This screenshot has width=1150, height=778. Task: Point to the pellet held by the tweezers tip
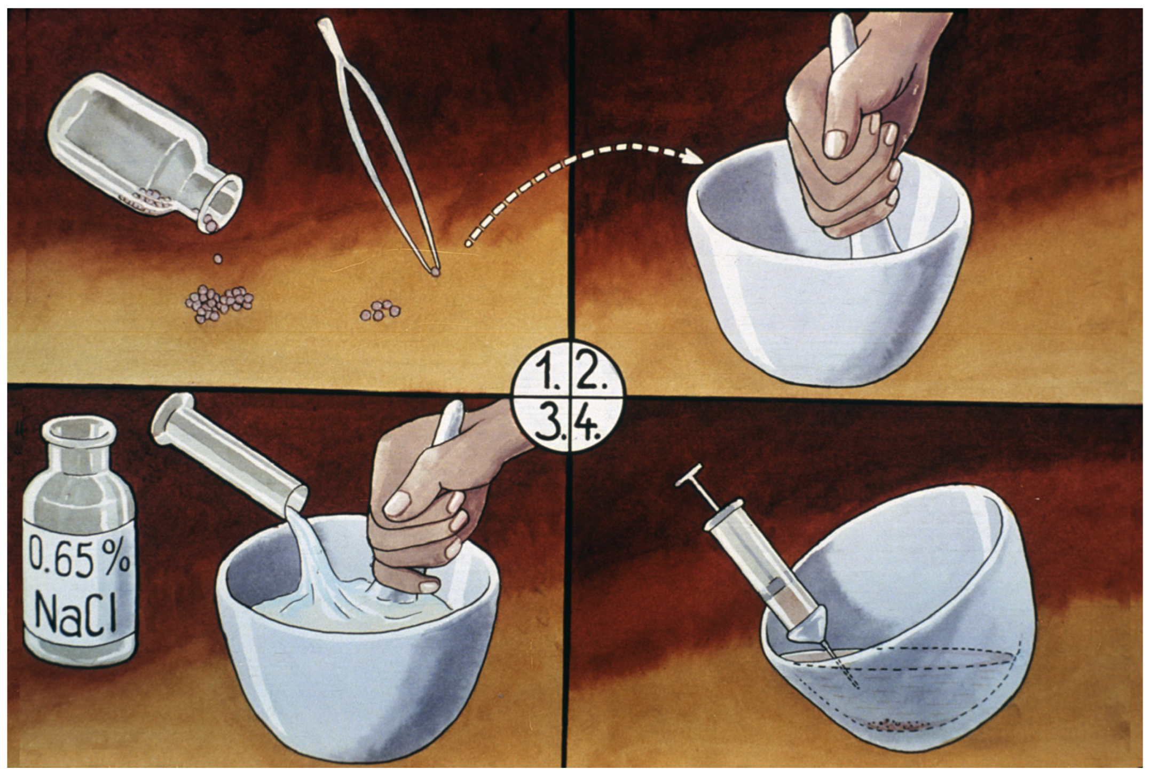click(x=436, y=272)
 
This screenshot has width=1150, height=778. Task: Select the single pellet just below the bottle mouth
click(x=217, y=259)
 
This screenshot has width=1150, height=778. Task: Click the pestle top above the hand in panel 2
click(x=842, y=32)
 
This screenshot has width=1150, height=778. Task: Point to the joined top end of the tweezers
click(x=324, y=24)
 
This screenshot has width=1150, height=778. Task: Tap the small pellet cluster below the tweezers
click(x=380, y=311)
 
